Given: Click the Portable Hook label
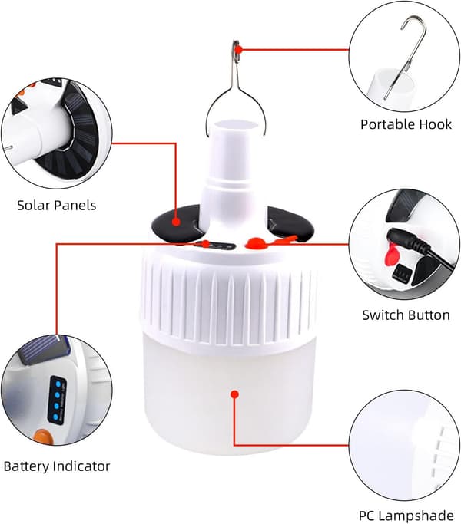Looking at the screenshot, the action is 406,124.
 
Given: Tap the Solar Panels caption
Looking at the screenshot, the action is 57,205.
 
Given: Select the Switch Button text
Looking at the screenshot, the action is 406,315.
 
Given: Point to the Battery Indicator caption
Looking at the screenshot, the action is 57,466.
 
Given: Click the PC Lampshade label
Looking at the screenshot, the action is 406,516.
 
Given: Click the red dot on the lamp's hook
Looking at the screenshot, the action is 238,50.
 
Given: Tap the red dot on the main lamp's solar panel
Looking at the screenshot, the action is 176,222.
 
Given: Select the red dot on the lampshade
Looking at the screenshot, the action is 234,394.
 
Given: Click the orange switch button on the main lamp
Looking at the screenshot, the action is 256,242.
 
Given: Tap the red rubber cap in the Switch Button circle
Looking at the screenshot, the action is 390,255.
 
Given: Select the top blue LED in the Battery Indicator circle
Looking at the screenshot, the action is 58,384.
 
